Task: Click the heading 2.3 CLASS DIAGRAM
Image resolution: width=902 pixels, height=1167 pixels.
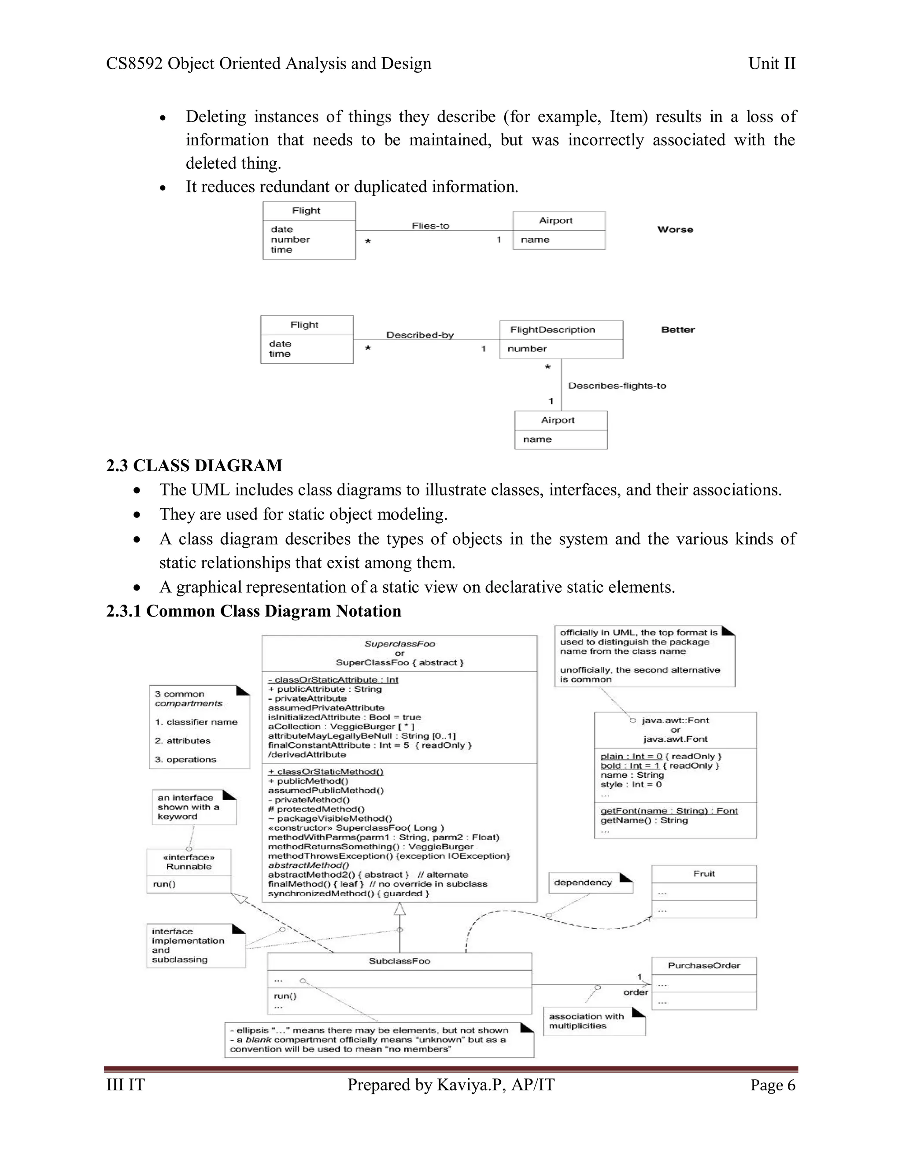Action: click(x=194, y=465)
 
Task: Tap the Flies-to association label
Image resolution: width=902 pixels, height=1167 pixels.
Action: click(x=430, y=225)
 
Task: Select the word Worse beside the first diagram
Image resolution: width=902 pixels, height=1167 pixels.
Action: click(x=675, y=229)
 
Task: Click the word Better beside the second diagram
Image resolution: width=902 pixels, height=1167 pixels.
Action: click(x=677, y=330)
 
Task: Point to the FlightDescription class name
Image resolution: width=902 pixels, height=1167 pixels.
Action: click(x=552, y=330)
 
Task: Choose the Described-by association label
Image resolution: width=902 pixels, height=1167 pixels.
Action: click(x=420, y=335)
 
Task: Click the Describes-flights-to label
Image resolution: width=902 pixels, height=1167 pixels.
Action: click(x=617, y=386)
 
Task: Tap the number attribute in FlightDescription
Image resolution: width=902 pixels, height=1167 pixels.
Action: click(x=527, y=348)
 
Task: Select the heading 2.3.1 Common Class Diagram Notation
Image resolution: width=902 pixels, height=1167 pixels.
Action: click(x=253, y=611)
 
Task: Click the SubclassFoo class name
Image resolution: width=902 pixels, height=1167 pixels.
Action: click(x=399, y=961)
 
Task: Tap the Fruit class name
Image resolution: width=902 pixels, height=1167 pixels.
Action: click(x=704, y=874)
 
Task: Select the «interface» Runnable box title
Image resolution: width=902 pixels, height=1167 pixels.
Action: click(x=189, y=862)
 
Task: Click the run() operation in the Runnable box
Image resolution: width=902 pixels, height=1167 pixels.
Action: click(x=164, y=884)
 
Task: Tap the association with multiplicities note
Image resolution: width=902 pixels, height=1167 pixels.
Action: click(x=586, y=1021)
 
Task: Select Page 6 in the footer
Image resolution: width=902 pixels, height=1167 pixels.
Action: click(x=772, y=1085)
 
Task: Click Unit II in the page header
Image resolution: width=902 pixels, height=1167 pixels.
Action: click(x=772, y=63)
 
